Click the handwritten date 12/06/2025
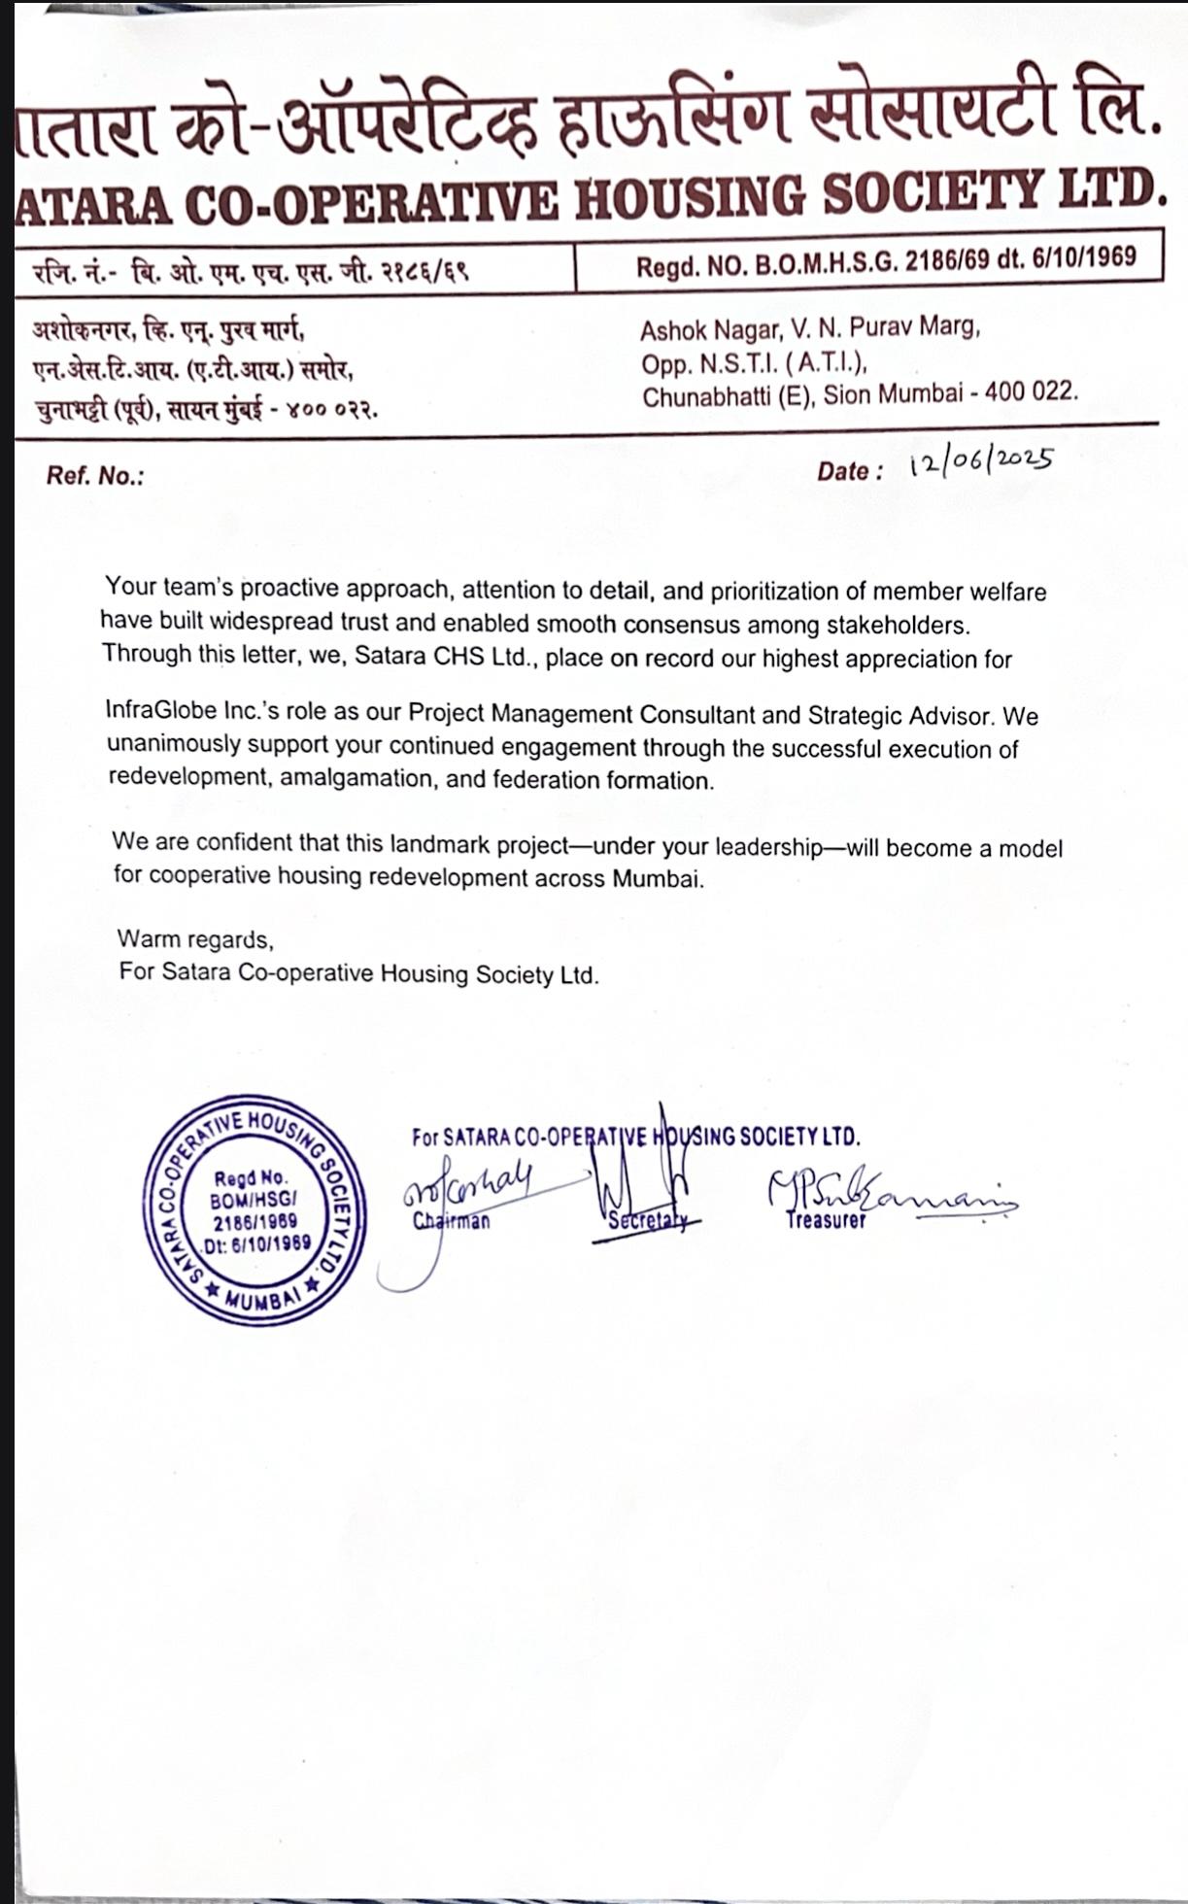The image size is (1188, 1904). (981, 461)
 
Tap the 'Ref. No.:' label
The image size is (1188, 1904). (95, 476)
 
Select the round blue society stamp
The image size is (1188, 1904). (255, 1210)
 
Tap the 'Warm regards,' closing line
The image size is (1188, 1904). (195, 939)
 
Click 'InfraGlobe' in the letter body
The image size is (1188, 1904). (161, 710)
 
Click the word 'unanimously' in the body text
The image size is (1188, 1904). (174, 744)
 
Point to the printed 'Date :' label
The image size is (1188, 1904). (850, 471)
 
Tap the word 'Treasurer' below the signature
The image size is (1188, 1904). (826, 1220)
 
